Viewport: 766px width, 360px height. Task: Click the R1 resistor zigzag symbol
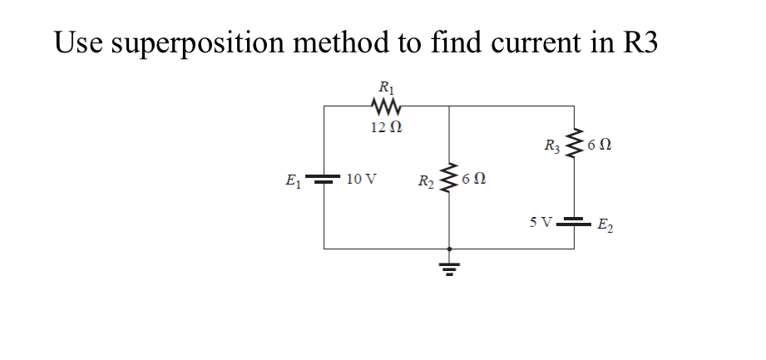387,106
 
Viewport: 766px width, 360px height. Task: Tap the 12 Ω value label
386,127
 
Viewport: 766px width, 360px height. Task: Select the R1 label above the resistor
387,86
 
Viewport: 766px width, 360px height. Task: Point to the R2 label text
426,180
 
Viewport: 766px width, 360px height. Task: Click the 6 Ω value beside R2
474,178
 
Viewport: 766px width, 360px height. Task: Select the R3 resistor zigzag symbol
573,145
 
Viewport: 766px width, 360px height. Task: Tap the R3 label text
551,146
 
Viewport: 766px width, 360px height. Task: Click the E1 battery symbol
324,179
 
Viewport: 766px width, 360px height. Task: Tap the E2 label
605,224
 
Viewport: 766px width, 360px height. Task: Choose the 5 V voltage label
540,222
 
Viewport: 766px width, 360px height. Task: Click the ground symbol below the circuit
449,269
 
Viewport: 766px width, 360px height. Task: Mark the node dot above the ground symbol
449,248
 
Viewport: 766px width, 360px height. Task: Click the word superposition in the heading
206,44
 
